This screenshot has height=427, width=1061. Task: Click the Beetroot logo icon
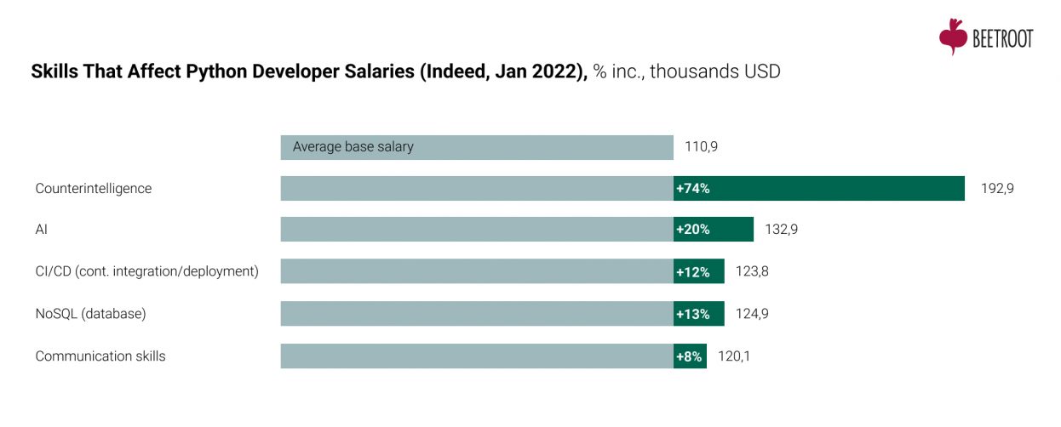[x=953, y=37]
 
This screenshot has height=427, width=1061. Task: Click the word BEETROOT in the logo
[x=1002, y=39]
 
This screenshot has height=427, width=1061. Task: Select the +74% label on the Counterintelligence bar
[x=692, y=189]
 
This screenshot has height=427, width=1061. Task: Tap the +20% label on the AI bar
[x=692, y=230]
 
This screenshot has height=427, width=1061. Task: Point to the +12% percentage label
[x=692, y=271]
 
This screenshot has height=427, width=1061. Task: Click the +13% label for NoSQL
[x=692, y=314]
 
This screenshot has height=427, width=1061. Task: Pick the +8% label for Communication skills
[x=689, y=356]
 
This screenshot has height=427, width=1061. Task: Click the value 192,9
[x=997, y=189]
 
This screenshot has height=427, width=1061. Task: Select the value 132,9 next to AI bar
[x=781, y=230]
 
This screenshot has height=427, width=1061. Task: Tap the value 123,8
[x=752, y=271]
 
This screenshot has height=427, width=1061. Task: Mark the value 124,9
[x=752, y=314]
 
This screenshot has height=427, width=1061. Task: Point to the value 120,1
[x=734, y=356]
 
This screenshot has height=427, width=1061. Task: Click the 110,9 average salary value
[x=701, y=146]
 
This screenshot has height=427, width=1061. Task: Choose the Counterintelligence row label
[x=93, y=189]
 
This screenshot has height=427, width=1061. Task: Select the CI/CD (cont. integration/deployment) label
[x=146, y=271]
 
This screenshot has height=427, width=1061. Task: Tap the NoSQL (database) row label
[x=90, y=314]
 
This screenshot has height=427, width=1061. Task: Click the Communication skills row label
[x=100, y=356]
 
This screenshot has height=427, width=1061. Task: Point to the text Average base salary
[x=353, y=146]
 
